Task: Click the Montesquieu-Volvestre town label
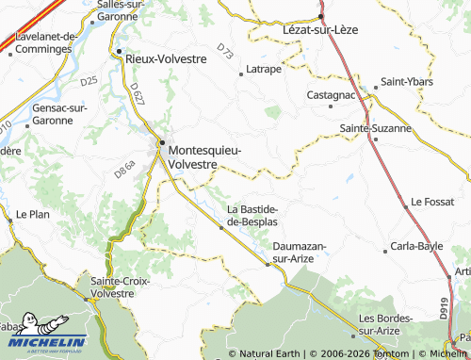click(204, 156)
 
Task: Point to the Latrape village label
click(264, 69)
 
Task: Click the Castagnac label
click(332, 95)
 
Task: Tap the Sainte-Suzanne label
click(375, 127)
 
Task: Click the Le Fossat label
click(432, 202)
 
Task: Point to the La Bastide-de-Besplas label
click(252, 214)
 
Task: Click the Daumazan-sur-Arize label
click(300, 251)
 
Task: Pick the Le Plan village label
click(32, 214)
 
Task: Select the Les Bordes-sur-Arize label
click(386, 324)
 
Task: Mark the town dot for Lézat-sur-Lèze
click(321, 16)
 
